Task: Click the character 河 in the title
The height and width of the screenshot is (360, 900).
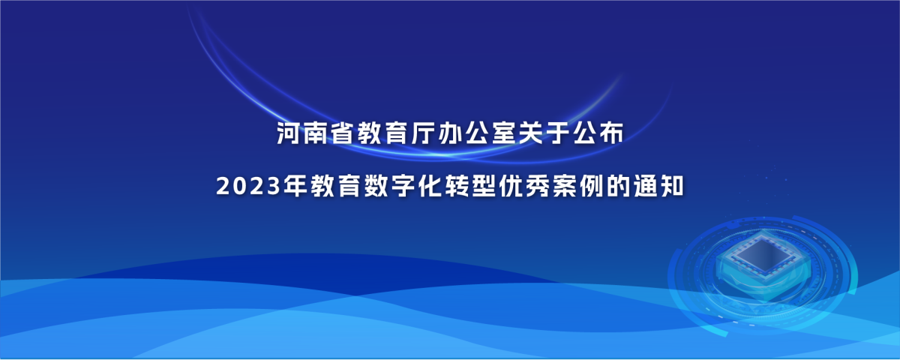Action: pyautogui.click(x=289, y=133)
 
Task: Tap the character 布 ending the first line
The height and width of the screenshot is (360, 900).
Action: pyautogui.click(x=611, y=133)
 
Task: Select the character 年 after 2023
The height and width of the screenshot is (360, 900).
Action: pyautogui.click(x=295, y=186)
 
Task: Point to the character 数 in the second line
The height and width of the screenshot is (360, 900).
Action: pyautogui.click(x=376, y=186)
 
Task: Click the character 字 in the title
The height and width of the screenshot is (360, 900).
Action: pyautogui.click(x=403, y=186)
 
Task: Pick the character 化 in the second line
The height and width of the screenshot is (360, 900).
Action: pyautogui.click(x=430, y=186)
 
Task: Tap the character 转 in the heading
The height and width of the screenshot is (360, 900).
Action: pyautogui.click(x=457, y=186)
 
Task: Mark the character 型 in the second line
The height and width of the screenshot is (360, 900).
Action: pyautogui.click(x=484, y=186)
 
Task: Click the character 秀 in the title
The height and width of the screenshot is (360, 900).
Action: pyautogui.click(x=538, y=186)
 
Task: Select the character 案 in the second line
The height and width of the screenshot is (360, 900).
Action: pyautogui.click(x=565, y=186)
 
